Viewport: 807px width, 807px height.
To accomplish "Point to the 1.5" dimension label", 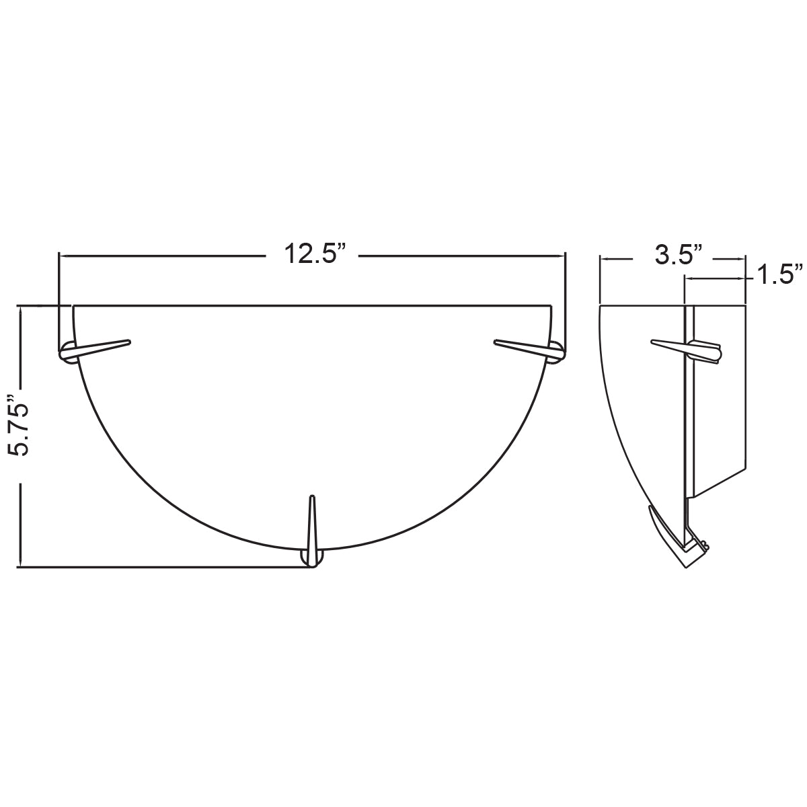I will tap(779, 276).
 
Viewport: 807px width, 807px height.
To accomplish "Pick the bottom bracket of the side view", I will tap(693, 555).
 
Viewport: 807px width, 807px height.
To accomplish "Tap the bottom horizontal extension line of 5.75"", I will tap(161, 568).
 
